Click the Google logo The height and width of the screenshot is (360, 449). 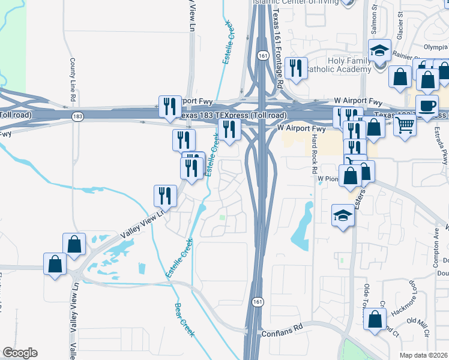(x=20, y=353)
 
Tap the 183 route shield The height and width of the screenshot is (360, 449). (x=77, y=117)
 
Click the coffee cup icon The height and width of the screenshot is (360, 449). (x=427, y=107)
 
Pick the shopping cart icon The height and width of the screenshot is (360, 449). (x=405, y=126)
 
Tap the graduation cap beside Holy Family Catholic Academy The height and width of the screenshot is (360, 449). (x=379, y=52)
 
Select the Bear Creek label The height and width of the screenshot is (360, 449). (x=184, y=319)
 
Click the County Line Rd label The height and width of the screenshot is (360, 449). (x=73, y=80)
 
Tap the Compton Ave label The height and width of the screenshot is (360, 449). (x=437, y=242)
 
